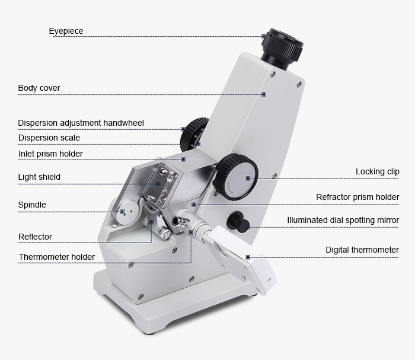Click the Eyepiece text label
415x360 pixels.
(x=66, y=31)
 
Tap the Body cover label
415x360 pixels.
(x=39, y=88)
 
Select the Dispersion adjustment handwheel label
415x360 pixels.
(x=81, y=123)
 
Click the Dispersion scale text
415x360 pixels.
(x=49, y=138)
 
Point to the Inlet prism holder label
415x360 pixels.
(x=50, y=154)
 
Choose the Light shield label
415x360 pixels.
(x=39, y=177)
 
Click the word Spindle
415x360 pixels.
(x=32, y=205)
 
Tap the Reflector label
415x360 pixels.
(x=35, y=237)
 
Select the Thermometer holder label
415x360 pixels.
(x=56, y=257)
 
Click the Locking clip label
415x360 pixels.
(x=378, y=172)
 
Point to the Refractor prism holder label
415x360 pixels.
(x=357, y=197)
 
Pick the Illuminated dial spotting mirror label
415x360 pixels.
(x=343, y=220)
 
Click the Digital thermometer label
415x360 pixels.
(x=362, y=250)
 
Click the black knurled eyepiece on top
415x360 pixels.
(x=282, y=47)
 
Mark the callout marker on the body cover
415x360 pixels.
(x=264, y=94)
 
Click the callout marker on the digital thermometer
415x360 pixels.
(x=248, y=257)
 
